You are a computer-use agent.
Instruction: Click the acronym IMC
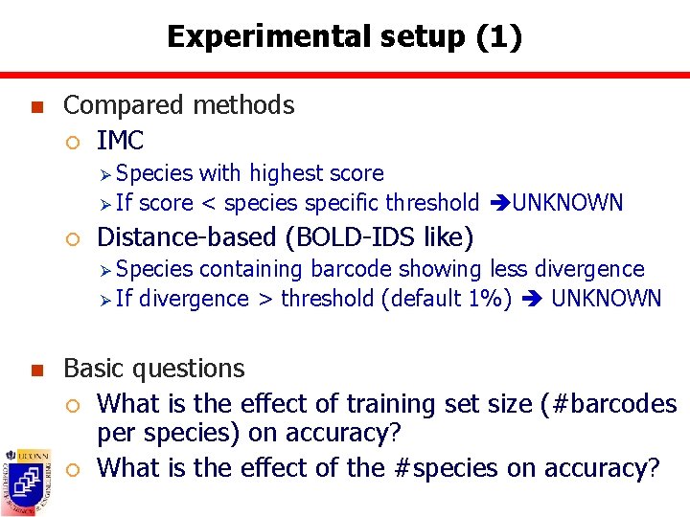tap(120, 141)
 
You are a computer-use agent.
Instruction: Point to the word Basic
tap(94, 369)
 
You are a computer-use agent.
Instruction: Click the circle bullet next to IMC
tap(73, 143)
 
